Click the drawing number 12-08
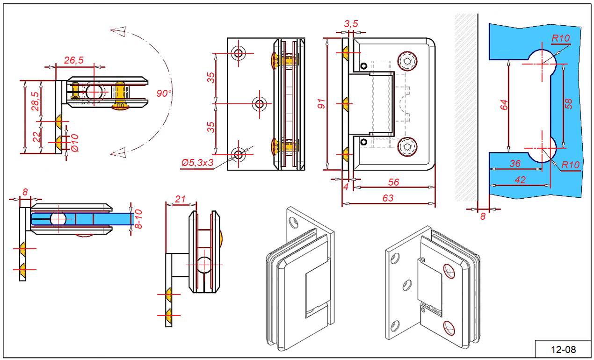pos(564,349)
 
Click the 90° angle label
pos(164,94)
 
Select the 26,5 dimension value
pos(73,60)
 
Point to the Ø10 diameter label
pos(73,143)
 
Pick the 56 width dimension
pos(394,182)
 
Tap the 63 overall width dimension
pos(388,198)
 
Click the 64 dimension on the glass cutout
pos(504,105)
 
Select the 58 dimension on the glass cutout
pos(569,104)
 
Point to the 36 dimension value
pos(515,164)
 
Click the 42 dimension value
pos(519,180)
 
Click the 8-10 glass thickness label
pos(138,219)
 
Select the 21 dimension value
pos(180,199)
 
